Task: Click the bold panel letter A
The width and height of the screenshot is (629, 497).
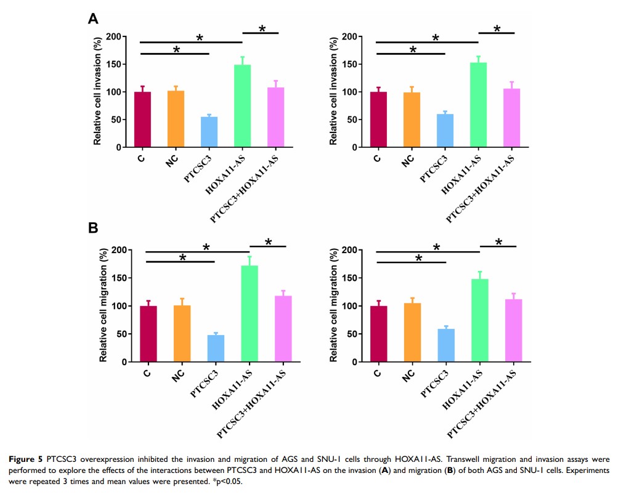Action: coord(93,19)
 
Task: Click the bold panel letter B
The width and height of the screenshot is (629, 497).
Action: coord(93,228)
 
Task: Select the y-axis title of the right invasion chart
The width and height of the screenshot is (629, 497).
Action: coord(334,92)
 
